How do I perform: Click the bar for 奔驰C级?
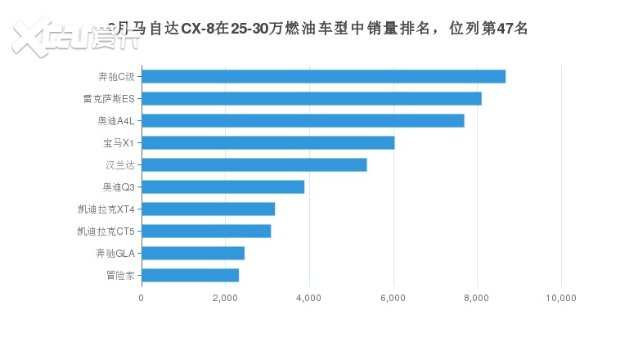point(323,77)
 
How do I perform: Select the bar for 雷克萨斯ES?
point(311,99)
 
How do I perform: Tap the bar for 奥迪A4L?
point(303,121)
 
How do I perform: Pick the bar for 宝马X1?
point(267,143)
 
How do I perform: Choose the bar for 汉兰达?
point(254,165)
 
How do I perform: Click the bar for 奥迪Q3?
point(222,187)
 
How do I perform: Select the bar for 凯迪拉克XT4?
point(208,209)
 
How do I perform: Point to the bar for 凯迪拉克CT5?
point(206,232)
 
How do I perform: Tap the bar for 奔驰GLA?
point(193,254)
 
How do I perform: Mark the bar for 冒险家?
point(190,276)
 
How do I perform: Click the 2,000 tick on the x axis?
point(225,299)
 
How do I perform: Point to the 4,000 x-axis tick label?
point(309,299)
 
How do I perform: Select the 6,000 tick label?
point(393,299)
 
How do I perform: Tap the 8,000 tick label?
point(477,299)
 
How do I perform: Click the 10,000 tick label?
point(561,299)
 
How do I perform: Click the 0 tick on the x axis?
point(142,299)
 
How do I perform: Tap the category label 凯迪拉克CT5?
point(106,232)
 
